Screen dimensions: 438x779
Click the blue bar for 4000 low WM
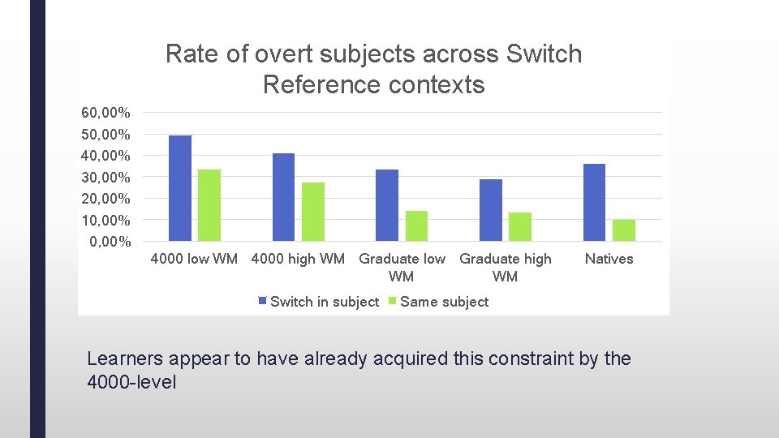click(x=180, y=188)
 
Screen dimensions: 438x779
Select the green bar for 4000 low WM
click(x=209, y=205)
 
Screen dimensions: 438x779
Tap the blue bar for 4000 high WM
click(x=283, y=197)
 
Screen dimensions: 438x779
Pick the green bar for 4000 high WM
click(x=313, y=212)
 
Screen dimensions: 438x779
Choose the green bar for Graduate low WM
click(x=416, y=226)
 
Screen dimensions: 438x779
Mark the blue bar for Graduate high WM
click(x=491, y=210)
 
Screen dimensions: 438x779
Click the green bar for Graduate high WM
click(x=520, y=227)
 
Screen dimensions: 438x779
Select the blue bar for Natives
click(x=594, y=203)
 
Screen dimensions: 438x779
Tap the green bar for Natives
click(x=624, y=230)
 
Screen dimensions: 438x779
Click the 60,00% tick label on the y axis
click(x=105, y=112)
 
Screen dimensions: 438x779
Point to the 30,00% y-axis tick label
click(x=105, y=177)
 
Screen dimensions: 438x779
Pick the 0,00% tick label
click(x=110, y=242)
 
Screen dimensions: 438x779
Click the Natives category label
click(x=609, y=259)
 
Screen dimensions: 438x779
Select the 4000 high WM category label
click(x=298, y=259)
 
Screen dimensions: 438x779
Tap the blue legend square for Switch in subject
click(x=262, y=302)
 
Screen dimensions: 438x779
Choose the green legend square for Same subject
click(x=393, y=302)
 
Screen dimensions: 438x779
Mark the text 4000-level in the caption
click(x=131, y=382)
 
